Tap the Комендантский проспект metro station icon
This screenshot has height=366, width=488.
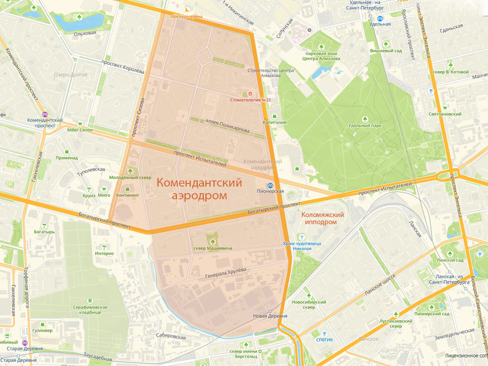[x=45, y=114]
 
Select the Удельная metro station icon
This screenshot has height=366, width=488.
[x=387, y=23]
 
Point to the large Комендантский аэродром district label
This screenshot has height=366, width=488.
[x=199, y=189]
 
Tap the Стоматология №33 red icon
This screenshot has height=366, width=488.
[x=250, y=94]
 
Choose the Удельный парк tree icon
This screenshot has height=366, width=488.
[x=365, y=119]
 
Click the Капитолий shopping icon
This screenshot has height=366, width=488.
[x=274, y=116]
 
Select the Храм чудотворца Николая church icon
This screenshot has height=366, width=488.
[x=302, y=237]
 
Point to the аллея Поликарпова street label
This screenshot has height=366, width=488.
[x=227, y=126]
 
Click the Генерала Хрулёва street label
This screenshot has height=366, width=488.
[x=225, y=273]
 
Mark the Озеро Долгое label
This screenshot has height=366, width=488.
[x=71, y=75]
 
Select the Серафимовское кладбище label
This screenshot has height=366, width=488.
[x=90, y=311]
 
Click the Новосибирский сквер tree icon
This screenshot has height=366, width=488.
[x=308, y=295]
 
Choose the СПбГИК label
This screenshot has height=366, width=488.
[x=324, y=340]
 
